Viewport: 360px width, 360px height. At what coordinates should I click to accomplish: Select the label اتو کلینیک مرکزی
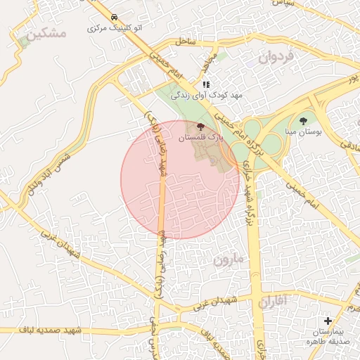coord(113,29)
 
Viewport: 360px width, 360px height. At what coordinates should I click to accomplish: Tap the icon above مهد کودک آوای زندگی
coord(206,84)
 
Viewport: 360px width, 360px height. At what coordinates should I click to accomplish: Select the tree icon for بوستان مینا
coord(303,120)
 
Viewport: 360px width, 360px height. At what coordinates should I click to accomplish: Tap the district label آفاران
coord(273,303)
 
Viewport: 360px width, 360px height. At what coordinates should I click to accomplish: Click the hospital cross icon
coord(328,321)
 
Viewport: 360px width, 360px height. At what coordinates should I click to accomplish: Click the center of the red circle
coord(181,179)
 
